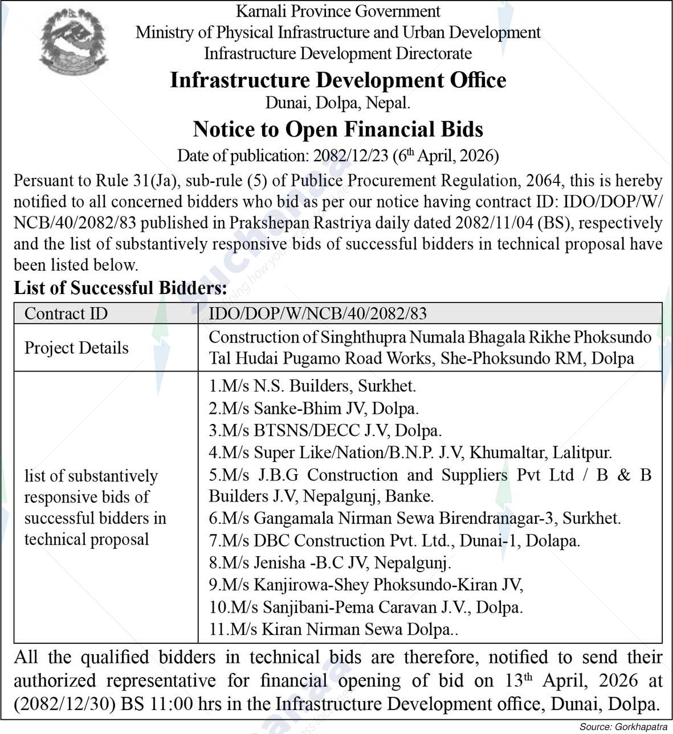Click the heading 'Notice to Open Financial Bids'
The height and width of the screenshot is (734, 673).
(338, 129)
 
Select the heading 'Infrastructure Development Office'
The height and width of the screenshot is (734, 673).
(338, 80)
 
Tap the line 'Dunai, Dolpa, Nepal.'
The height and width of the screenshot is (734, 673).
(338, 103)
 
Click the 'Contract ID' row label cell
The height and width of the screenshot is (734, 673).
(66, 313)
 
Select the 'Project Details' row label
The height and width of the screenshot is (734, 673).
(76, 348)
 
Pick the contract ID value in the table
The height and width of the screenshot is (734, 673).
(317, 313)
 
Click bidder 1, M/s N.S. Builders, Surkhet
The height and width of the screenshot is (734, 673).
(312, 386)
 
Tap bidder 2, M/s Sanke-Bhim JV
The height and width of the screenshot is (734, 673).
(313, 408)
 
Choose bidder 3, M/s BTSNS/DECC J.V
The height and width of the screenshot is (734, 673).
(325, 430)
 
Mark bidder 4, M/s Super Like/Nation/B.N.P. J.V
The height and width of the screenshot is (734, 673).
(410, 452)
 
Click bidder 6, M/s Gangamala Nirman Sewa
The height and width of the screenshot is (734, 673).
(414, 518)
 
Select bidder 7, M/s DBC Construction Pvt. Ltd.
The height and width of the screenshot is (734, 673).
(394, 540)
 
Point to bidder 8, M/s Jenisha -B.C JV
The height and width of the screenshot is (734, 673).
(330, 563)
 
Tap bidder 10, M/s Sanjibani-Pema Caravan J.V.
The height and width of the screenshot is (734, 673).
(366, 607)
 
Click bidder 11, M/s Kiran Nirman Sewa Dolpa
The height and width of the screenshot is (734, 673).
(333, 629)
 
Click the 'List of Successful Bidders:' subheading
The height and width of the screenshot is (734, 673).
(120, 288)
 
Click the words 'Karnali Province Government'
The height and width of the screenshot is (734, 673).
(338, 11)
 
